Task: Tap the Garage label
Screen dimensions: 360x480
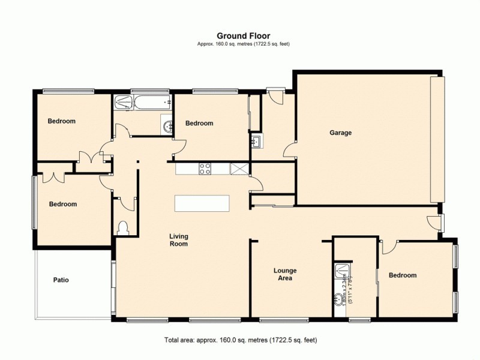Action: coord(340,133)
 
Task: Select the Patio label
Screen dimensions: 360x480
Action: coord(61,280)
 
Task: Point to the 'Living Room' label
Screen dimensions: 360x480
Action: coord(179,240)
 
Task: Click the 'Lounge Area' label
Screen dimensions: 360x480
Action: coord(285,274)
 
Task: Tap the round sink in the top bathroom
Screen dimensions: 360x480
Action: coord(167,125)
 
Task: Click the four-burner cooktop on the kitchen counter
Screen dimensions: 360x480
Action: coord(205,169)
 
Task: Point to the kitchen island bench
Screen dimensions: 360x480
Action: coord(202,203)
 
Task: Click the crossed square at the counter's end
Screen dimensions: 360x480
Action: coord(239,169)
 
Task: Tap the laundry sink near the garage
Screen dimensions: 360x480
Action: coord(256,142)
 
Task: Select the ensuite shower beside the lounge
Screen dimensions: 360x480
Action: coord(343,272)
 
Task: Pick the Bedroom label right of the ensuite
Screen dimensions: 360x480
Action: coord(402,275)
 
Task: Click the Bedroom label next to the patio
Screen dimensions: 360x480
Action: coord(63,204)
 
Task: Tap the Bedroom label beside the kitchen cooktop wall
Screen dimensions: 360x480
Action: coord(199,124)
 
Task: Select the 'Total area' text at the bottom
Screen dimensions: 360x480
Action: coord(240,340)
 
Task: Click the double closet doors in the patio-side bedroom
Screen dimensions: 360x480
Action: coord(55,177)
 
